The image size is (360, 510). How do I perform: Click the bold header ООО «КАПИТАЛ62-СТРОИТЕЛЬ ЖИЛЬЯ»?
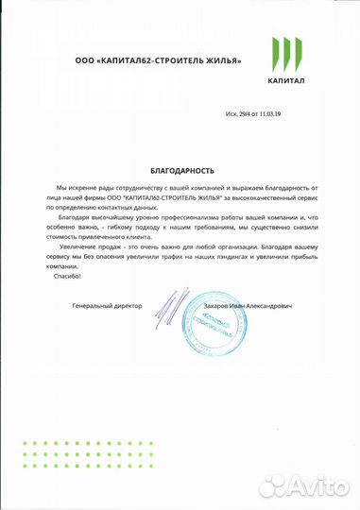click(x=159, y=61)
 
